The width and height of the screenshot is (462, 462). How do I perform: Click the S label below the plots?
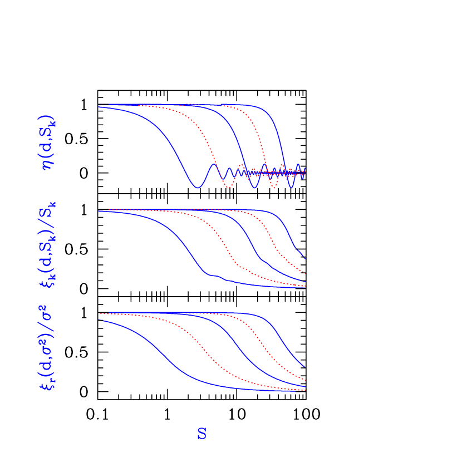(201, 434)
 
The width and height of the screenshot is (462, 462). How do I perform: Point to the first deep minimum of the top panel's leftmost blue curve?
(198, 188)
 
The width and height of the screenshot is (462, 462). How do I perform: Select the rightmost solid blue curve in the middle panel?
(290, 234)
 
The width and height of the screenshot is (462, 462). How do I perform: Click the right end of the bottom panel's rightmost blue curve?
(304, 367)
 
